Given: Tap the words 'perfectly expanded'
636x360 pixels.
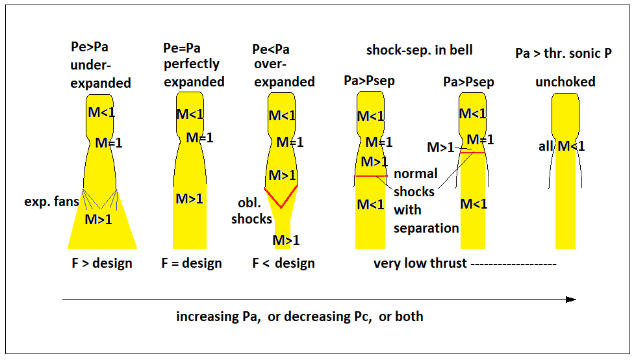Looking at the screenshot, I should point(194,73).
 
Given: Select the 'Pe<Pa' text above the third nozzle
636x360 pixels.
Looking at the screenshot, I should point(270,49).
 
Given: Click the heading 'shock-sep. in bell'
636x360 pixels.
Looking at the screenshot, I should point(420,50).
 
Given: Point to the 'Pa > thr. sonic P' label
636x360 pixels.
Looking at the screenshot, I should point(563,53).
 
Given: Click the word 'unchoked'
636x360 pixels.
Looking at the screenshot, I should point(565,82).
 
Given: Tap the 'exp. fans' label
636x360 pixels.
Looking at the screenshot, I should point(52,201).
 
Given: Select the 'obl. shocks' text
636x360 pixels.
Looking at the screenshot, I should point(251,211).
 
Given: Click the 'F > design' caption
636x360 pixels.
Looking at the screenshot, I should point(102,263).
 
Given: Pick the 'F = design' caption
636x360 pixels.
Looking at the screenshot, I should point(192,263).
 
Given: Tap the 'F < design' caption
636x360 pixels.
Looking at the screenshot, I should point(283,263).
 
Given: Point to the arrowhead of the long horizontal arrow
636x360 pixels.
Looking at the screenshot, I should point(571,300).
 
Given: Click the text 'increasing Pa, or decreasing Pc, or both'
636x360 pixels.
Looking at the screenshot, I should point(299,317).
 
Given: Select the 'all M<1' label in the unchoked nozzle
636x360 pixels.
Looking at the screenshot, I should point(562,146).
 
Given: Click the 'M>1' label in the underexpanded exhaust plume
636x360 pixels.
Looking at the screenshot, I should point(99,220).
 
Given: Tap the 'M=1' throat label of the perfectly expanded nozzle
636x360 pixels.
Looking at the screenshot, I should point(199,138).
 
